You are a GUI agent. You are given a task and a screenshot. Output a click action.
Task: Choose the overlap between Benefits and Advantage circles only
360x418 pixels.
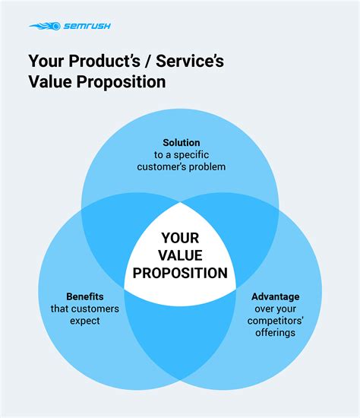[x=182, y=327]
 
